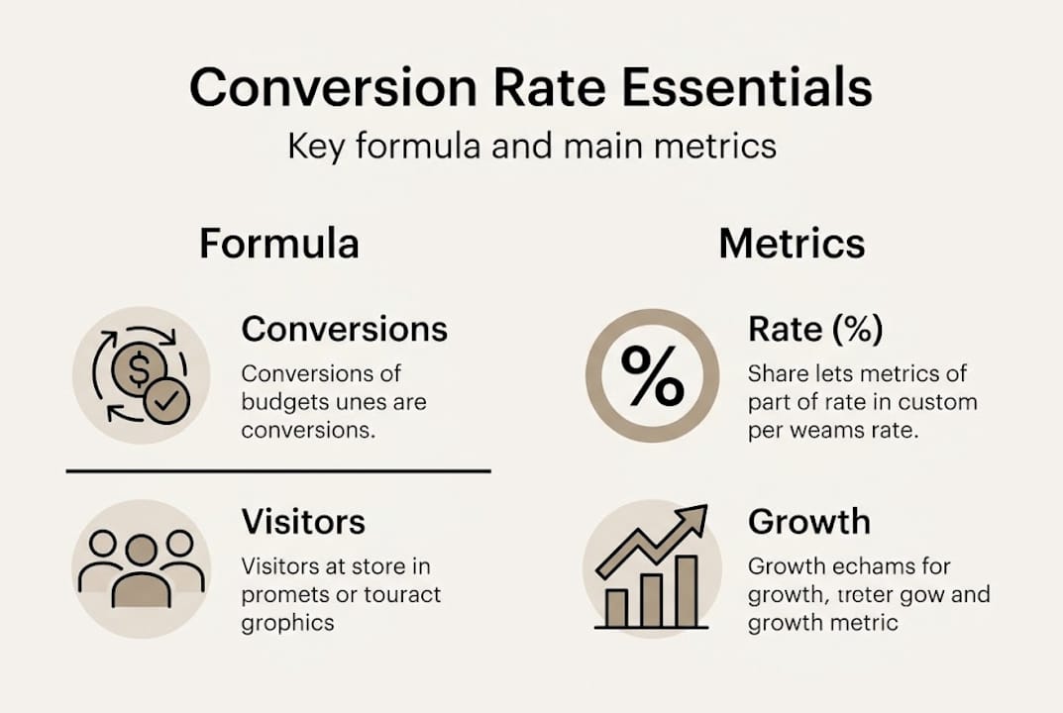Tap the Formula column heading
pos(278,244)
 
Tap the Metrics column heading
pos(792,244)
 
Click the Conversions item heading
pos(344,329)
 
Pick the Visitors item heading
pos(303,522)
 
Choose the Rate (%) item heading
pos(814,329)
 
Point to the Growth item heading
pos(808,522)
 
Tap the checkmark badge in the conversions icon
pos(165,401)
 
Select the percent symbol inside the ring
pos(652,374)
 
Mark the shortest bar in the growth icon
pos(616,607)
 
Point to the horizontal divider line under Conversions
pos(278,471)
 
